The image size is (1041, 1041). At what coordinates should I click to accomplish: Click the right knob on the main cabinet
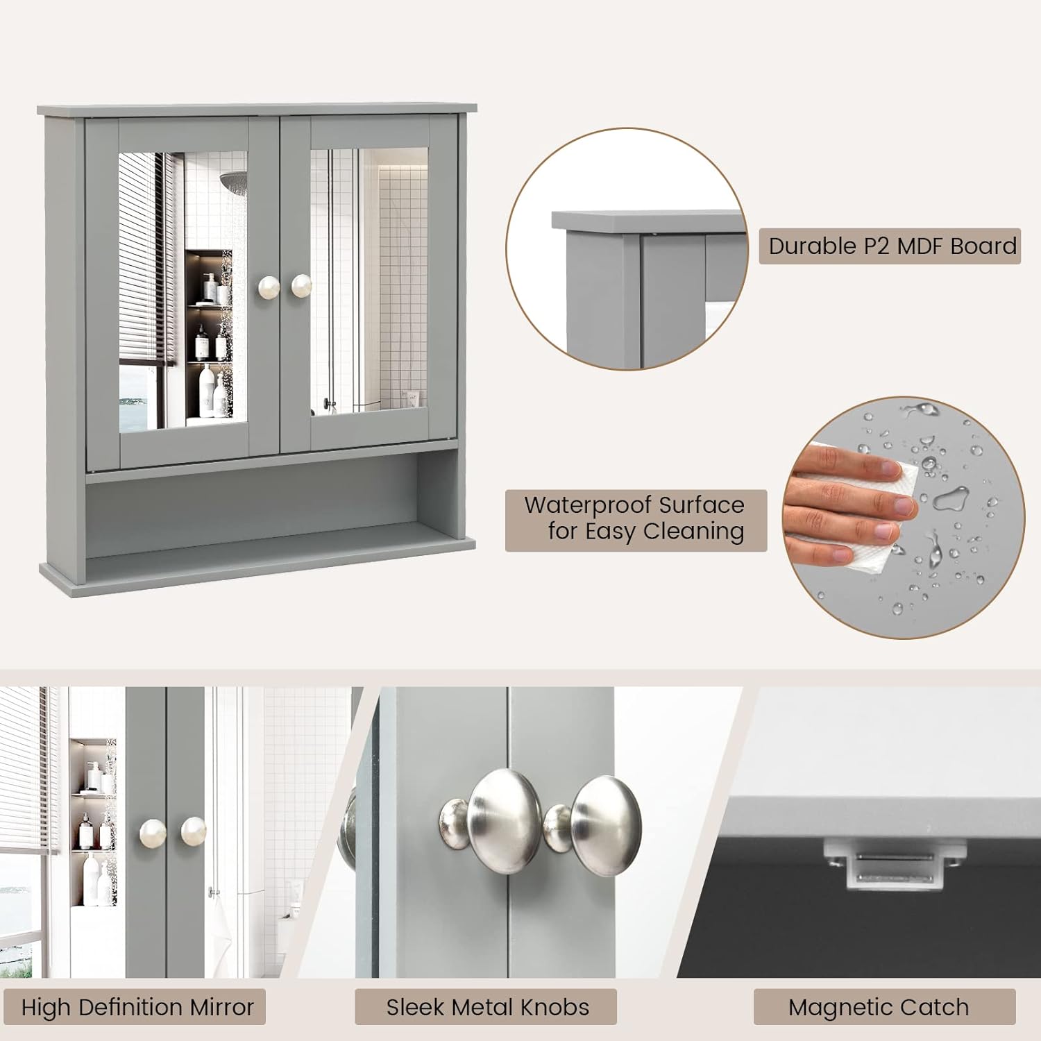tap(301, 285)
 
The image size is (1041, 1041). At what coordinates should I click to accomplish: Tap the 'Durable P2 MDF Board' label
tap(890, 246)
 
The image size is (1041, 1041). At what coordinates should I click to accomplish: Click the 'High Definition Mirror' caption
tap(137, 1007)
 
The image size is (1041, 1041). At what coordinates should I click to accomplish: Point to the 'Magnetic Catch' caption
tap(878, 1007)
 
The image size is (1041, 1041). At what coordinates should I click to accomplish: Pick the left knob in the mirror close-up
tap(153, 831)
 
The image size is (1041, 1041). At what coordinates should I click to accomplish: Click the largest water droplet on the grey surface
tap(951, 498)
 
